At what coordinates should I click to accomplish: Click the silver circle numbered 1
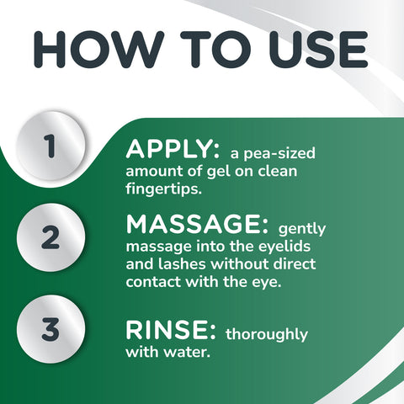50,146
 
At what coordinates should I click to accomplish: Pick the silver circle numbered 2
50,237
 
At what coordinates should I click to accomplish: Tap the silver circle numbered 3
50,328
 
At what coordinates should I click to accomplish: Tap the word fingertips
165,191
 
